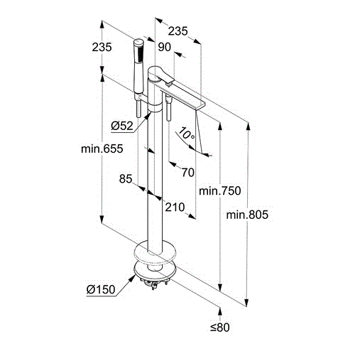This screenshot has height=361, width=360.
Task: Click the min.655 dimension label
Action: (102, 149)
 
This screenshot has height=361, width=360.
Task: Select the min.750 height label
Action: (220, 190)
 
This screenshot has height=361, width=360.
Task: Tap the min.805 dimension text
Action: (247, 215)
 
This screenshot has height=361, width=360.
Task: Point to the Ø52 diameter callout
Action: (122, 126)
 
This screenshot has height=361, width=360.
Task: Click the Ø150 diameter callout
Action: (101, 289)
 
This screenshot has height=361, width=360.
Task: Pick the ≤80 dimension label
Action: (220, 327)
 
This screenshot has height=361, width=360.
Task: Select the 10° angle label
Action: (187, 134)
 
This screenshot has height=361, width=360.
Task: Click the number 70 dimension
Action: (188, 172)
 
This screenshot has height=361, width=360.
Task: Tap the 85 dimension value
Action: (126, 178)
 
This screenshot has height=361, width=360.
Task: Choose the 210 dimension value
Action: (175, 208)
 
